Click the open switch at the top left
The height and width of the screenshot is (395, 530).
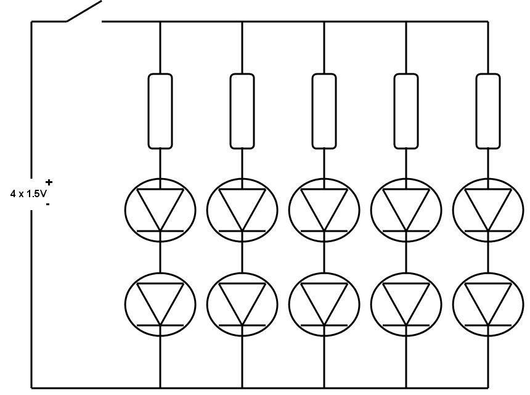pos(84,12)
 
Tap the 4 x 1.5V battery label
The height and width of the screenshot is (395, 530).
pos(28,193)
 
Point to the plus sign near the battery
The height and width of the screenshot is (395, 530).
pos(49,182)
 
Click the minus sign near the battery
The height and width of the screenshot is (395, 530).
pos(48,204)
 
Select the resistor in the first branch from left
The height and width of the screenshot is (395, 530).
pos(160,111)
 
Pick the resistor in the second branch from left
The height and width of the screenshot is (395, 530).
pos(242,111)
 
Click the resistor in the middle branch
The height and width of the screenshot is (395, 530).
pos(324,111)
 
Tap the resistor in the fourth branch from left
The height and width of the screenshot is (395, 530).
pos(406,111)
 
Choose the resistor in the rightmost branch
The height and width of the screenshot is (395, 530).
pos(488,111)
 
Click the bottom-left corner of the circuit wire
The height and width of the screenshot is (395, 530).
pos(32,388)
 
